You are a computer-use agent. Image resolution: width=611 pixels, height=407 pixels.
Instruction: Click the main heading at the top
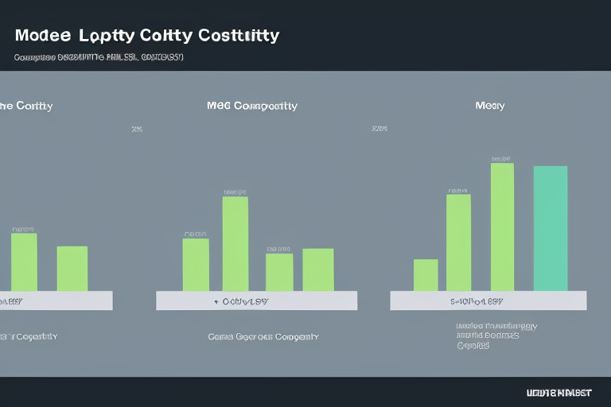(146, 36)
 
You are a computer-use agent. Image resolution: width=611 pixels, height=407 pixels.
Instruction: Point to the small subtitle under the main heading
(99, 57)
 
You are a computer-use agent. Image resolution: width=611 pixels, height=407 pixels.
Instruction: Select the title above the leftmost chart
(26, 106)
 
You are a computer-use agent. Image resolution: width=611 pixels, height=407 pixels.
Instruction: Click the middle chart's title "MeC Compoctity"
(251, 106)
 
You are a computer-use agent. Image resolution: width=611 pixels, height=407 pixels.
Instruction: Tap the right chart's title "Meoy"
(489, 106)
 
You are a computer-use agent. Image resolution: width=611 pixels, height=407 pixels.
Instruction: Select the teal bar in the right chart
(550, 228)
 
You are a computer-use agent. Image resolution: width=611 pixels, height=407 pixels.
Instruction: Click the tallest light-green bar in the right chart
(502, 227)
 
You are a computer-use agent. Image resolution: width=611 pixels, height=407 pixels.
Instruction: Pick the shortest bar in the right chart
(426, 275)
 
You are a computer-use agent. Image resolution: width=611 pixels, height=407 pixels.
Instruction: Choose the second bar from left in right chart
(458, 242)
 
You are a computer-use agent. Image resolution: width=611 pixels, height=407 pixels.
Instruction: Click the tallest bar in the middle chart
(235, 243)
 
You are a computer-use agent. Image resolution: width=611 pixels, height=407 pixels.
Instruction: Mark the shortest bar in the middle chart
(278, 272)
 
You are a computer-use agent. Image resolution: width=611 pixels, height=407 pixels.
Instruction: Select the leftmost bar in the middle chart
(196, 265)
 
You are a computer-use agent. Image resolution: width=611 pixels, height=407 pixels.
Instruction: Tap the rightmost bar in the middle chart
(318, 269)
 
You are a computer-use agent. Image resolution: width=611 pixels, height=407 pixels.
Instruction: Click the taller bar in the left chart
(24, 262)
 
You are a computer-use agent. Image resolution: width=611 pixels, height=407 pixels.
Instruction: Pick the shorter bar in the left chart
(72, 269)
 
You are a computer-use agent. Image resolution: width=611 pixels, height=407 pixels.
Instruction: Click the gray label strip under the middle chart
(256, 300)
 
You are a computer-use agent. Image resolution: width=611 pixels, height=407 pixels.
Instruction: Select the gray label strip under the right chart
(488, 300)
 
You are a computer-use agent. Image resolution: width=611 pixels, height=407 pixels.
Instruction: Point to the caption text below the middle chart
(263, 336)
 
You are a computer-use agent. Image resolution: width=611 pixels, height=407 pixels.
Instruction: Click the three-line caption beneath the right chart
(496, 335)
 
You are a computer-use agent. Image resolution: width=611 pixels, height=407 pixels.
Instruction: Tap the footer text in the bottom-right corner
(559, 393)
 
